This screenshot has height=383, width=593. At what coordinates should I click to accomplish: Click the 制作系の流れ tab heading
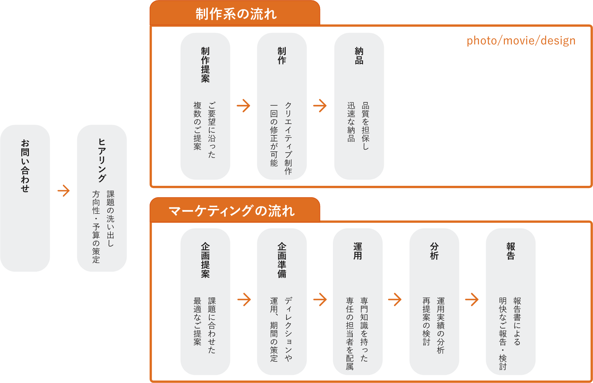click(236, 14)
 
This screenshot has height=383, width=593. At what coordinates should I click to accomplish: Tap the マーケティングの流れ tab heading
click(232, 211)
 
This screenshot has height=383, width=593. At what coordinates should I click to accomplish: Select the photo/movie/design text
click(521, 41)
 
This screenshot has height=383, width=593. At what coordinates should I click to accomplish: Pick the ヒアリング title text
click(102, 160)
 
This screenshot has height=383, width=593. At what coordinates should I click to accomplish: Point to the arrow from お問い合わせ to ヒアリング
click(64, 191)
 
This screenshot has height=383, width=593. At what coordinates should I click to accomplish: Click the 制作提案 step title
click(205, 65)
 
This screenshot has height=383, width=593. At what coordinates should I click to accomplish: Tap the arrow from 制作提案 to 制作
click(244, 106)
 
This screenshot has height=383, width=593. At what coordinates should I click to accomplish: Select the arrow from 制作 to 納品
click(320, 106)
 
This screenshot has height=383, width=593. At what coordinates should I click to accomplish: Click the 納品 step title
click(359, 56)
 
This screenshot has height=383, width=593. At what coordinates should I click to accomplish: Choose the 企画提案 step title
click(205, 260)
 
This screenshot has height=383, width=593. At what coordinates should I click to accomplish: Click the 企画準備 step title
click(282, 260)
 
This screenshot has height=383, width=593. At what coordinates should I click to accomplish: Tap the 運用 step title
click(358, 251)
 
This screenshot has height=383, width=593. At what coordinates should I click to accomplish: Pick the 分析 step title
click(434, 251)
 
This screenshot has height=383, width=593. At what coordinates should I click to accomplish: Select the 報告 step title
click(511, 251)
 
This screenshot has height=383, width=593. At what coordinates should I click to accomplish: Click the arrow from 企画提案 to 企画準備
click(244, 300)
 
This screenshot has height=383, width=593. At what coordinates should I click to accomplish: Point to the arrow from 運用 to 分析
click(395, 300)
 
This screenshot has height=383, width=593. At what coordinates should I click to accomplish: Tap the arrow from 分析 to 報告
click(472, 300)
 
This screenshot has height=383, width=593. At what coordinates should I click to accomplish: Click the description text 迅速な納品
click(351, 122)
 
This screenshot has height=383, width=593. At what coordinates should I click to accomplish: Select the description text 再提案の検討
click(427, 321)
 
